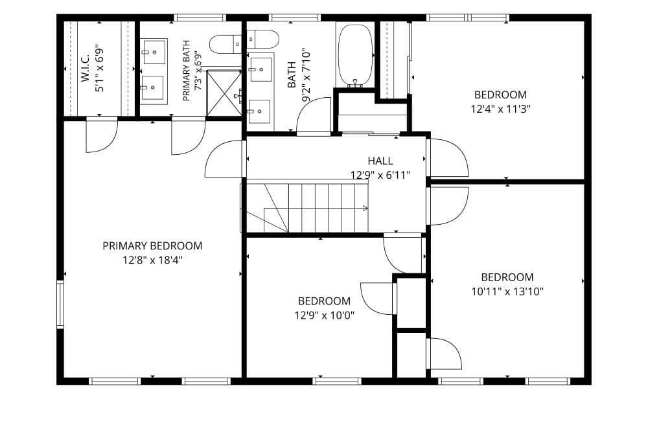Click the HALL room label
click(380, 161)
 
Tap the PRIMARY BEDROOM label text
click(152, 246)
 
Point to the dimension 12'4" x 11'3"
click(500, 109)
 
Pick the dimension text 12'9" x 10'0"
click(325, 316)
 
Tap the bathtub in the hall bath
click(355, 55)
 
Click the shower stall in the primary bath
click(224, 93)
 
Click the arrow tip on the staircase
click(367, 209)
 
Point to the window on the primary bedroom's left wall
click(60, 304)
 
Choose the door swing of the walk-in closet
click(102, 135)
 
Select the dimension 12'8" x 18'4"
click(152, 260)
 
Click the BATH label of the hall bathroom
click(292, 74)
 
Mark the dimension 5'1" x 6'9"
click(100, 68)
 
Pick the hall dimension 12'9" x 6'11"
click(380, 175)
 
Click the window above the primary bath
click(200, 17)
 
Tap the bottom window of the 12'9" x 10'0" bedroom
click(337, 381)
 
